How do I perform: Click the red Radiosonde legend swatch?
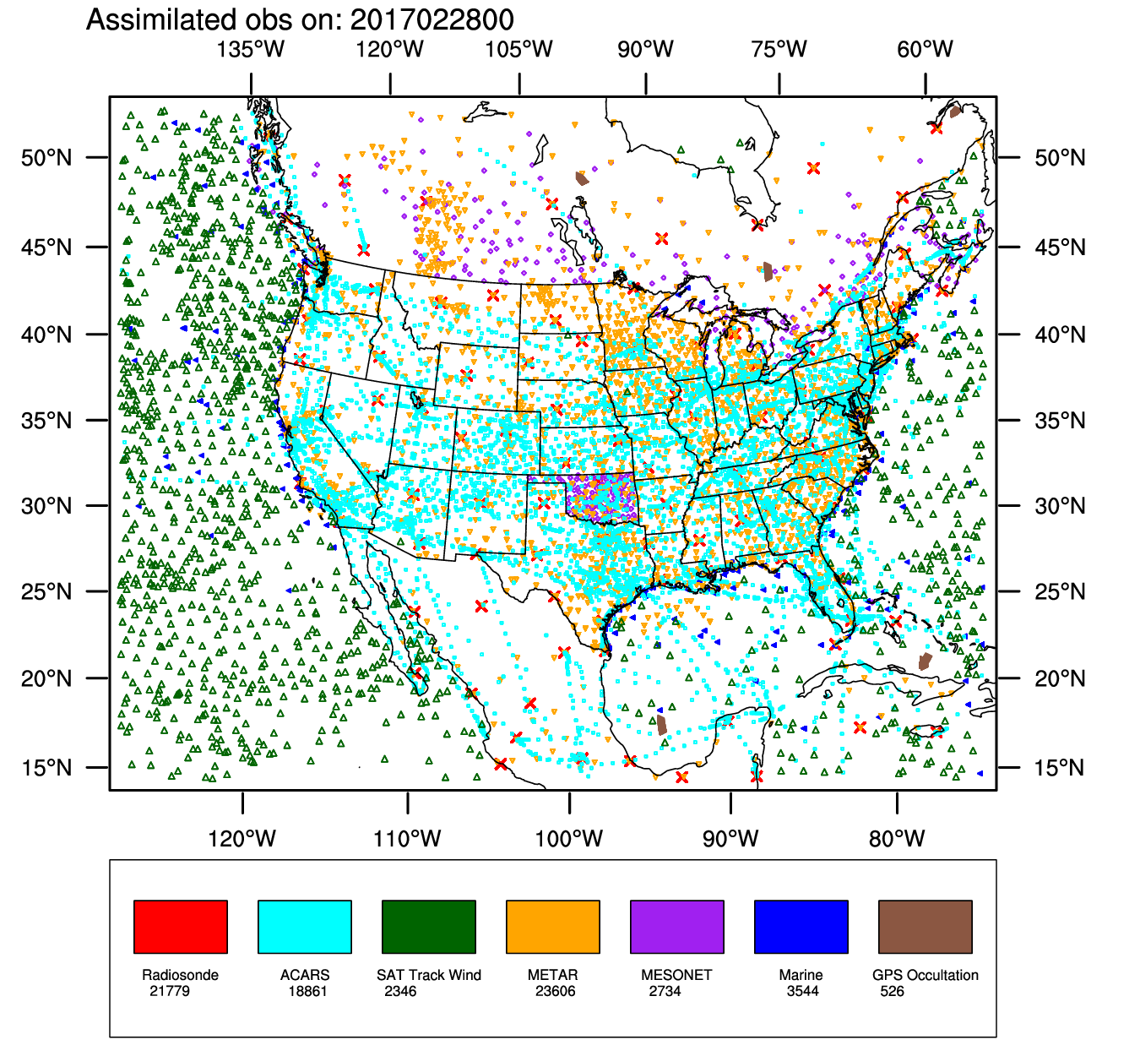tap(181, 927)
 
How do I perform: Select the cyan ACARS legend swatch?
tap(305, 927)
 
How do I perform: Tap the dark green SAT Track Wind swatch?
tap(429, 927)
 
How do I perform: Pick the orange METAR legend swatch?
tap(553, 927)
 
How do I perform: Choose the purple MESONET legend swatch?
tap(677, 927)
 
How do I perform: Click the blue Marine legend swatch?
tap(801, 927)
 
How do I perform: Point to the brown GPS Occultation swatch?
tap(926, 927)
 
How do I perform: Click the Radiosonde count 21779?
tap(170, 991)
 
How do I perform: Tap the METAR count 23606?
tap(555, 991)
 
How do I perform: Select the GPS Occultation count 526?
tap(892, 991)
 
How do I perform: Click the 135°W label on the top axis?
tap(251, 49)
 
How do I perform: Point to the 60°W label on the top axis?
tap(925, 49)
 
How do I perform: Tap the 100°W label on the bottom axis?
tap(569, 839)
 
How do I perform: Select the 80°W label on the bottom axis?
tap(897, 839)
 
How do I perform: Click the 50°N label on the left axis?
tap(47, 158)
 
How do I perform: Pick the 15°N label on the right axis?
tap(1060, 768)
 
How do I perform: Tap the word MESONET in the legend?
tap(676, 975)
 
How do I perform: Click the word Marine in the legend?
tap(801, 975)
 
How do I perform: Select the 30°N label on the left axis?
tap(47, 506)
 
